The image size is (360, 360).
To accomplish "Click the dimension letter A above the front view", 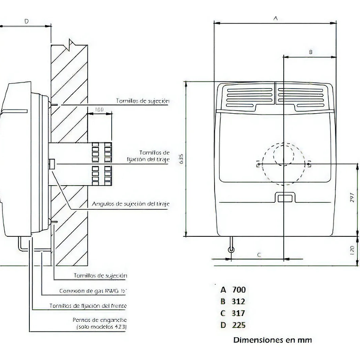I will pos(276,18).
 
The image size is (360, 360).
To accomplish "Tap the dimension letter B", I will pos(311,52).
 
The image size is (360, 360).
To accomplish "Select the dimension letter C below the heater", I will pos(259,255).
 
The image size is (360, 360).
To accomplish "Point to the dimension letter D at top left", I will pos(27,21).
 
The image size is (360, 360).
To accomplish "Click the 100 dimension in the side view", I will pos(99,110).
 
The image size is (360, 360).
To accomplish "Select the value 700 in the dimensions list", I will pos(239,289).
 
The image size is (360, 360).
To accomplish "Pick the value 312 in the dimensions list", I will pos(239,301).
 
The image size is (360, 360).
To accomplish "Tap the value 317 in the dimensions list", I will pos(239,313).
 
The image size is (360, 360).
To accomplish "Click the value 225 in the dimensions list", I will pos(239,325).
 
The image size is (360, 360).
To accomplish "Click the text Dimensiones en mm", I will pos(272,340).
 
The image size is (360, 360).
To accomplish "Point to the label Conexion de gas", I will pos(93,291).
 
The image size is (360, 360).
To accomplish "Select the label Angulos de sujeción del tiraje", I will pos(130,204).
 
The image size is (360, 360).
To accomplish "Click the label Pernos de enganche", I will pos(99,320).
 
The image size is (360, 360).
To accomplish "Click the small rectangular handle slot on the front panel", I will pos(284,198).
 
